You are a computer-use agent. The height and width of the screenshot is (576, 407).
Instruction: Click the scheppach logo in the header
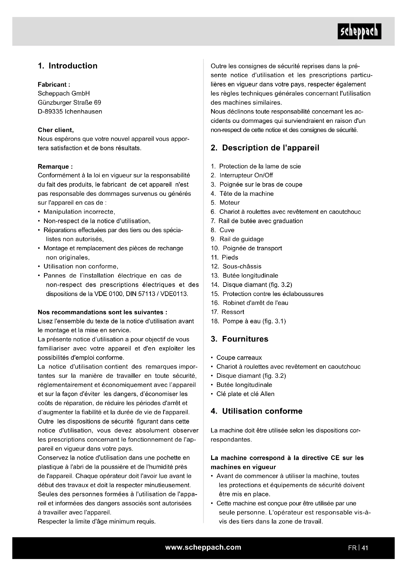(x=359, y=31)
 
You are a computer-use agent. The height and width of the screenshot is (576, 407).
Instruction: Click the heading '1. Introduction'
(x=68, y=66)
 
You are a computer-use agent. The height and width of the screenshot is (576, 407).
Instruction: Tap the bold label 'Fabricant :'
(x=54, y=84)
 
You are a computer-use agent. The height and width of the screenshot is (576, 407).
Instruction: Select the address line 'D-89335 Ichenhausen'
(x=70, y=112)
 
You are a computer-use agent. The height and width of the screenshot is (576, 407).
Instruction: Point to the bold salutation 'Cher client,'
(x=56, y=130)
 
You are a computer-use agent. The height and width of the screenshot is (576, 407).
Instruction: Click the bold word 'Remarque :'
(x=55, y=166)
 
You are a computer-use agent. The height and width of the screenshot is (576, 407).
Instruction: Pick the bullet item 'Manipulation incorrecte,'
(x=79, y=212)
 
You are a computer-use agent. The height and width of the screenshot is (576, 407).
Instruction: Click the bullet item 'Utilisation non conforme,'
(x=81, y=266)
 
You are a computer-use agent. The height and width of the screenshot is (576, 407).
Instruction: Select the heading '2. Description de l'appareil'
(x=265, y=148)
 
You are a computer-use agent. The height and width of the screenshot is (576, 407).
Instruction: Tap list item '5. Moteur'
(x=225, y=203)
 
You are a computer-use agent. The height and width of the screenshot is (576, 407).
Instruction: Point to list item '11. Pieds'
(x=224, y=257)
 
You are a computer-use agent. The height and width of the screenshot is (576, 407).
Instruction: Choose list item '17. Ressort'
(x=227, y=312)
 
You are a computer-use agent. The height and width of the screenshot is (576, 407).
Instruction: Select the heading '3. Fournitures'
(x=239, y=339)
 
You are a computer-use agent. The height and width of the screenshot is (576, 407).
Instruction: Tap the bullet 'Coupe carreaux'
(x=239, y=358)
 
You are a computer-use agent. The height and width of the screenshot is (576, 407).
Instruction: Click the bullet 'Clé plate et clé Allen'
(x=245, y=394)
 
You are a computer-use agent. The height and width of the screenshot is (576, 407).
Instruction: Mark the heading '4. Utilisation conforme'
(x=256, y=411)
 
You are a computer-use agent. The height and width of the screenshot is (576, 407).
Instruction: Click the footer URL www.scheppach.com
(x=203, y=547)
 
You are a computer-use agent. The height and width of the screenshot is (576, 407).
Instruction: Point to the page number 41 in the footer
(x=365, y=548)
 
